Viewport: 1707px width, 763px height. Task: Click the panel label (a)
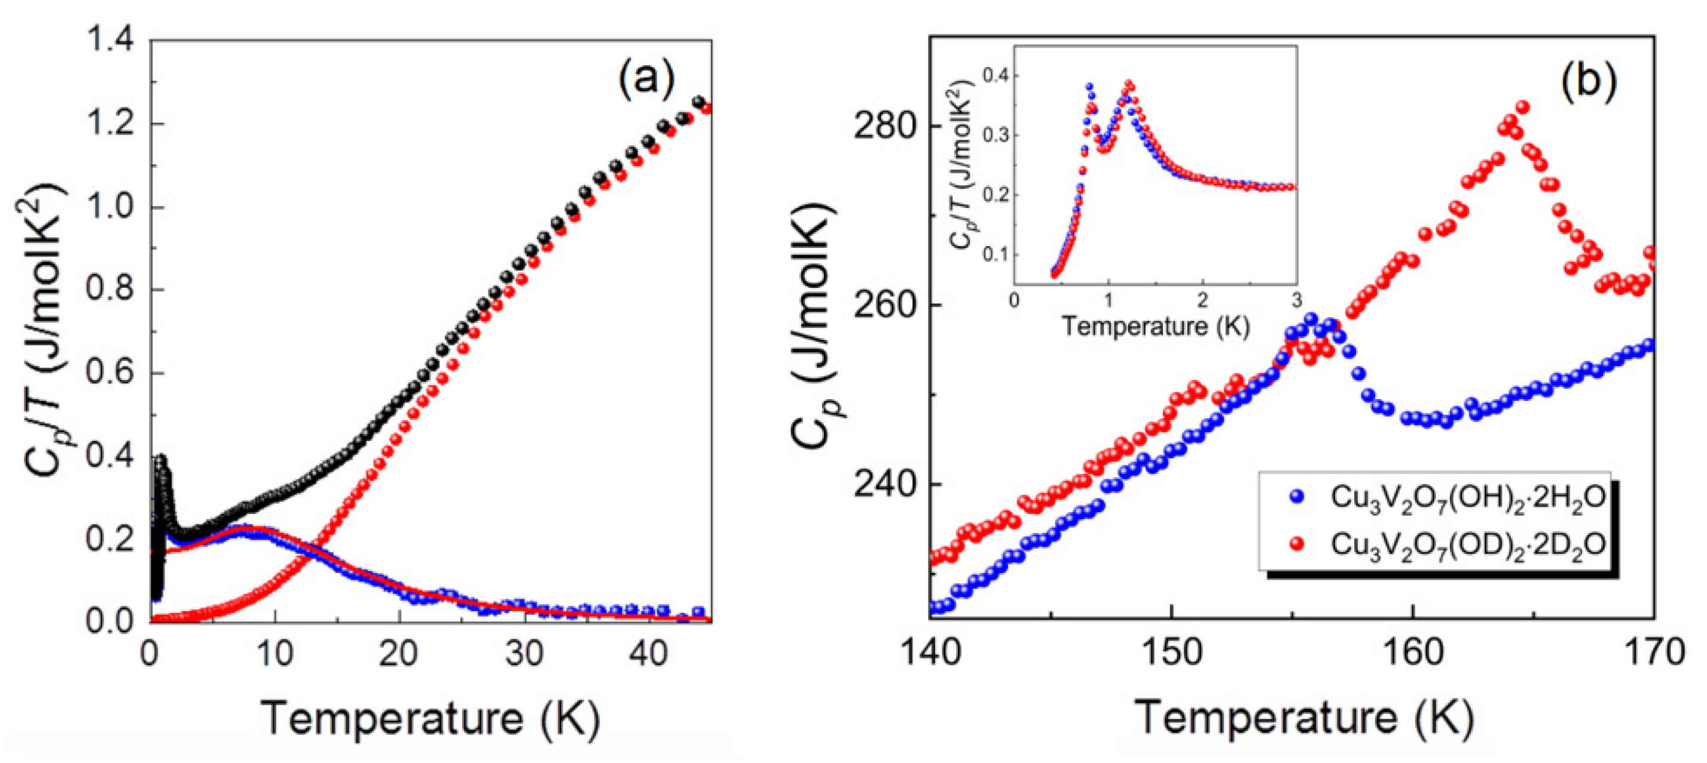click(x=646, y=79)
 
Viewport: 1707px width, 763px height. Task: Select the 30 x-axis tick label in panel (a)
click(x=524, y=654)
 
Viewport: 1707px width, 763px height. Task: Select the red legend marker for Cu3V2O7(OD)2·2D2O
click(x=1297, y=544)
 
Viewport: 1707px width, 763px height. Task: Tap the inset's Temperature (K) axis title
click(x=1156, y=326)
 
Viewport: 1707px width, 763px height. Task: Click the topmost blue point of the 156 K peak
click(x=1310, y=318)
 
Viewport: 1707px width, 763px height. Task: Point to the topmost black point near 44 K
click(x=698, y=102)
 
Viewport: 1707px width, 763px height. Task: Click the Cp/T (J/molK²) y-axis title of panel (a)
click(x=45, y=331)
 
